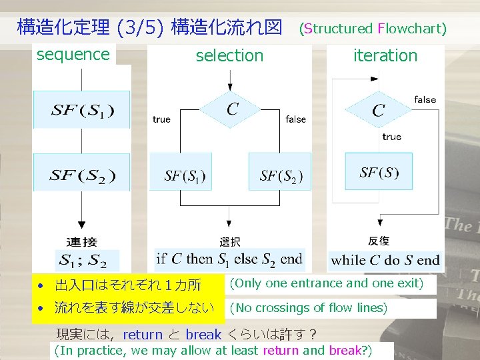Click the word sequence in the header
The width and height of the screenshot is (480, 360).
tap(73, 55)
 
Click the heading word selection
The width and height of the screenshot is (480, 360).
tap(229, 56)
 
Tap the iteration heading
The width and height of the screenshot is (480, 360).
tap(385, 56)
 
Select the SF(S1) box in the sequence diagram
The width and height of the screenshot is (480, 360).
tap(82, 110)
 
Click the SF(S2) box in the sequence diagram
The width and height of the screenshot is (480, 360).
tap(82, 175)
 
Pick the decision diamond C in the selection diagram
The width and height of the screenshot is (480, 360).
tap(231, 109)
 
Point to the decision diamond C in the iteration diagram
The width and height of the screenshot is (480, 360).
tap(379, 109)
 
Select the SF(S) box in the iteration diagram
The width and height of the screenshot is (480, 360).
tap(379, 171)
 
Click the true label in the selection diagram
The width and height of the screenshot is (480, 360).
tap(161, 120)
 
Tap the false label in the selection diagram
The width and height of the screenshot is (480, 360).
tap(296, 120)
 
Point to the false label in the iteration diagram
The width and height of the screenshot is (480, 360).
tap(425, 100)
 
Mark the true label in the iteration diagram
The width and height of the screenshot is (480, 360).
tap(392, 137)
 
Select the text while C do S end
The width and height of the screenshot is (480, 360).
tap(385, 260)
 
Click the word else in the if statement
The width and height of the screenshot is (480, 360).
tap(246, 259)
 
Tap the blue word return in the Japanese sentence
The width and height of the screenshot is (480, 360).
tap(143, 335)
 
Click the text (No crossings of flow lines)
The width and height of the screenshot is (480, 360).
tap(308, 308)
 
